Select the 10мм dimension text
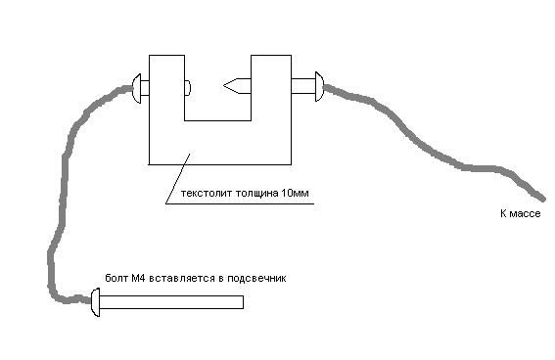pyautogui.click(x=295, y=193)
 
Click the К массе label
pyautogui.click(x=521, y=213)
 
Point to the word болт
pyautogui.click(x=116, y=278)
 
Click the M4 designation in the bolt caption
pyautogui.click(x=138, y=278)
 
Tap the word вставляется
pyautogui.click(x=182, y=278)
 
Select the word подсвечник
pyautogui.click(x=256, y=278)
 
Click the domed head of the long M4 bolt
pyautogui.click(x=96, y=302)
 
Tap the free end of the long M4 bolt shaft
pyautogui.click(x=243, y=302)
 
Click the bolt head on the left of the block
pyautogui.click(x=137, y=88)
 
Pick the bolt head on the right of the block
pyautogui.click(x=319, y=87)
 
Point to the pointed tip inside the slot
pyautogui.click(x=224, y=85)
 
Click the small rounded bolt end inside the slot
pyautogui.click(x=188, y=88)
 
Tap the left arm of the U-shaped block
pyautogui.click(x=166, y=88)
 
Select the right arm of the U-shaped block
pyautogui.click(x=271, y=88)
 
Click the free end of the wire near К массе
pyautogui.click(x=542, y=198)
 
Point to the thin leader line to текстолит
pyautogui.click(x=178, y=179)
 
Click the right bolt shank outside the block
pyautogui.click(x=303, y=86)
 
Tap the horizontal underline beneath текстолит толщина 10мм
pyautogui.click(x=240, y=204)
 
